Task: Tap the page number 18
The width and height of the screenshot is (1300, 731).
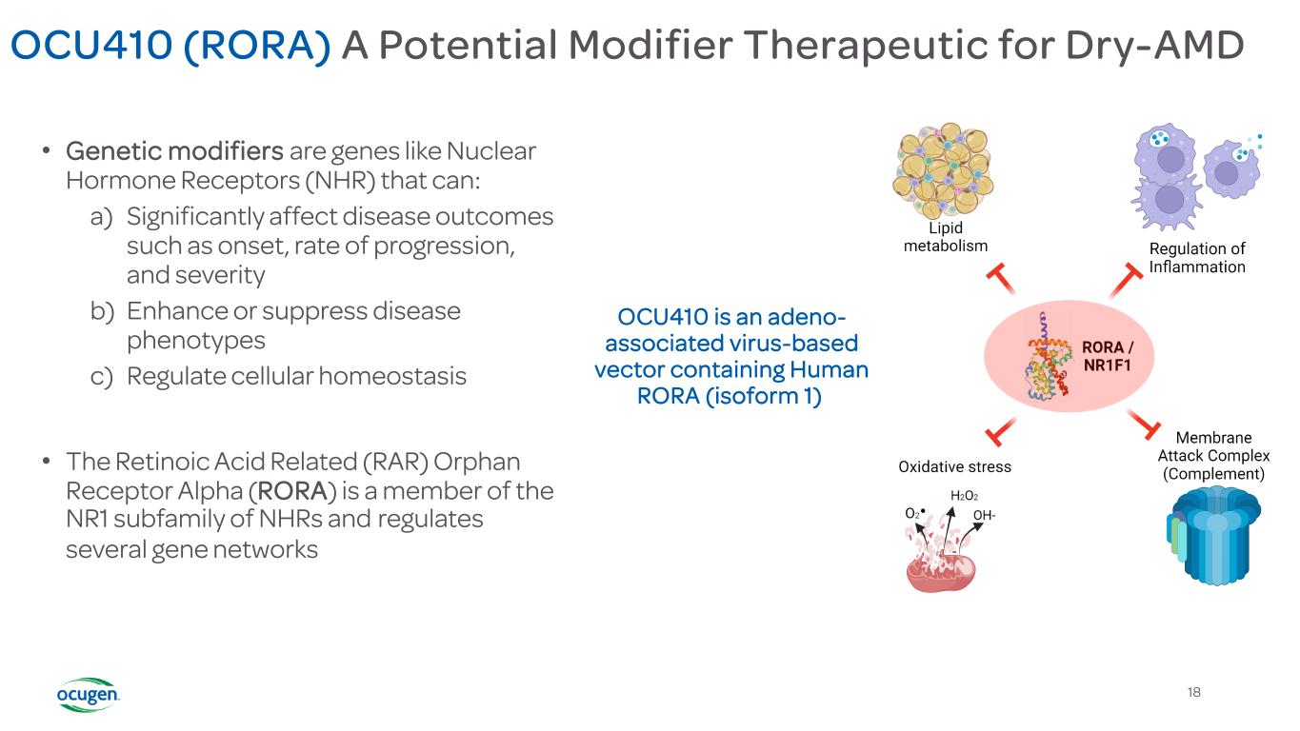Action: (1194, 692)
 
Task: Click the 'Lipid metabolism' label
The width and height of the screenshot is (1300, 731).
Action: (945, 237)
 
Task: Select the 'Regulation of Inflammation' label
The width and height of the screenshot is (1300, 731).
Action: (1197, 258)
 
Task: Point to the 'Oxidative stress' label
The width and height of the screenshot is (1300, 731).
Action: (954, 466)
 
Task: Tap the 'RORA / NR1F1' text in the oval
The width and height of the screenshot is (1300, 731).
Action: (1108, 355)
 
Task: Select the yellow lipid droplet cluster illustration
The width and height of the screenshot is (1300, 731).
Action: (942, 171)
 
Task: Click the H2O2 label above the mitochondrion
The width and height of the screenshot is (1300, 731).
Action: (964, 496)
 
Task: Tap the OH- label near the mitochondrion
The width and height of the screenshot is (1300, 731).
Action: (985, 517)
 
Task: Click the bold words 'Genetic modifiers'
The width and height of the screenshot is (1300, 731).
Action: (174, 151)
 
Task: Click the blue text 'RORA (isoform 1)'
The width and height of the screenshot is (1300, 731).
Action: (730, 395)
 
